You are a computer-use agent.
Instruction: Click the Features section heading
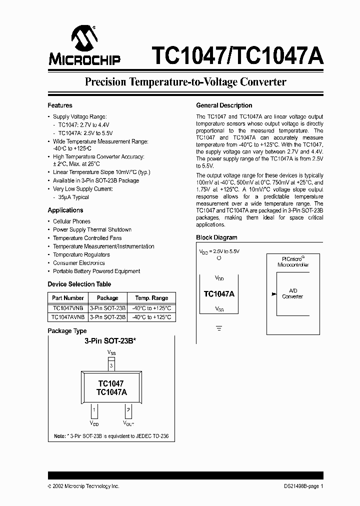(x=60, y=105)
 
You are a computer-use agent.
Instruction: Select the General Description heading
(x=224, y=105)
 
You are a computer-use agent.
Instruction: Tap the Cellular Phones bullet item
(x=71, y=221)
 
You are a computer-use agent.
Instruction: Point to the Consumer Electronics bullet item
(x=78, y=263)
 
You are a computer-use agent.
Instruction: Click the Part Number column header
(x=67, y=297)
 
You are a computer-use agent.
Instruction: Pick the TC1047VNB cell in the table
(x=67, y=308)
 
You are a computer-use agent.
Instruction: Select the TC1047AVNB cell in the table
(x=67, y=317)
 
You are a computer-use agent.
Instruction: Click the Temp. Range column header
(x=151, y=297)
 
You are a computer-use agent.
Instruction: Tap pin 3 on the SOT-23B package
(x=111, y=366)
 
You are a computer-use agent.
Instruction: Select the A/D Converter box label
(x=292, y=293)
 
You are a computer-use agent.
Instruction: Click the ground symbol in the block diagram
(x=218, y=328)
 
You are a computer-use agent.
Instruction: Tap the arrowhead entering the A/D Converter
(x=273, y=294)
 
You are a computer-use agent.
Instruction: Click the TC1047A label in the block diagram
(x=219, y=294)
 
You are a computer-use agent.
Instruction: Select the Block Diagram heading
(x=216, y=237)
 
